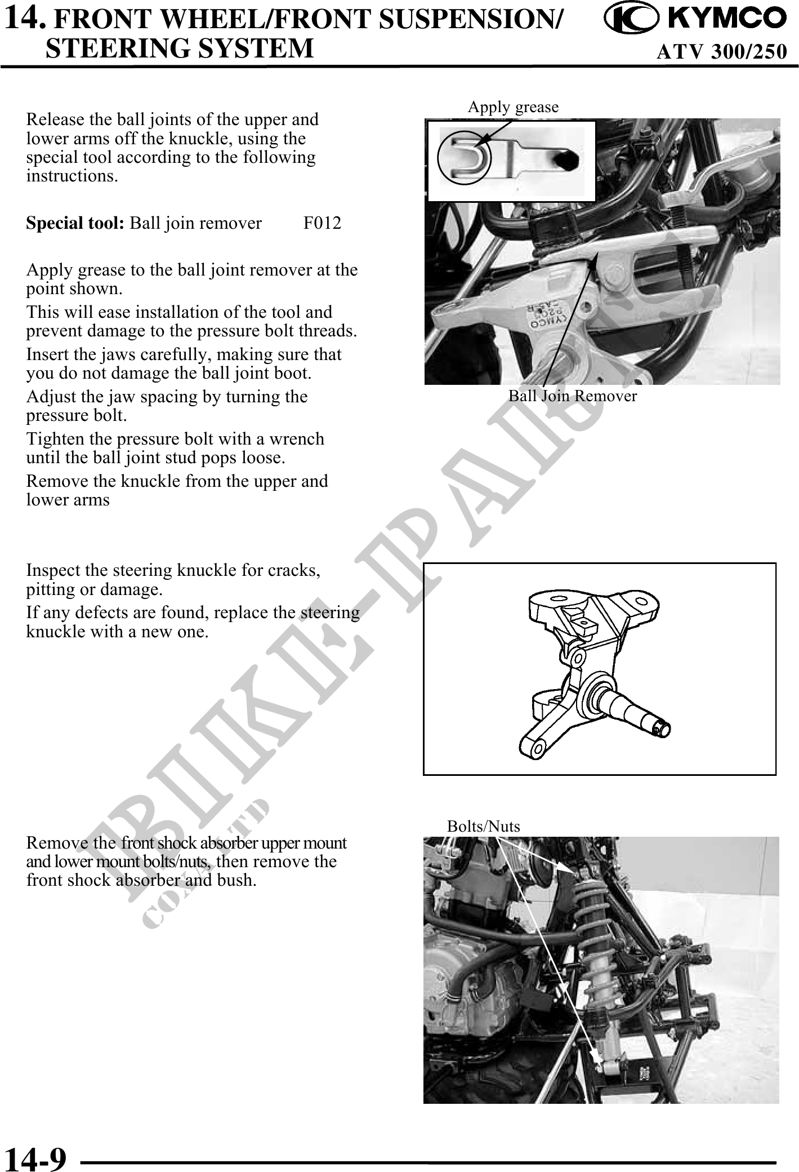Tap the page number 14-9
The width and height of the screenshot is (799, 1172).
pos(35,1157)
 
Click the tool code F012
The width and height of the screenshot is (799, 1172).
pos(322,223)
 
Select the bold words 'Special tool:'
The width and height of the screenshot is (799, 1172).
pos(75,223)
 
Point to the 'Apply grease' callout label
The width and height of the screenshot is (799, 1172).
pos(513,106)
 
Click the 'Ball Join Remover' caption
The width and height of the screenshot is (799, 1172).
pos(573,396)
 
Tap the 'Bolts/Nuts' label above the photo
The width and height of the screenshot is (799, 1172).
pos(483,827)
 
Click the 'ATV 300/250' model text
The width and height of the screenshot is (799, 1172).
pos(721,51)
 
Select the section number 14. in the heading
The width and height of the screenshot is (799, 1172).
pos(24,19)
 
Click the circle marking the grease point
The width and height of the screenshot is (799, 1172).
pos(465,158)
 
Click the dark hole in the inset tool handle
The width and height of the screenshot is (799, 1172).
pos(565,160)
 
